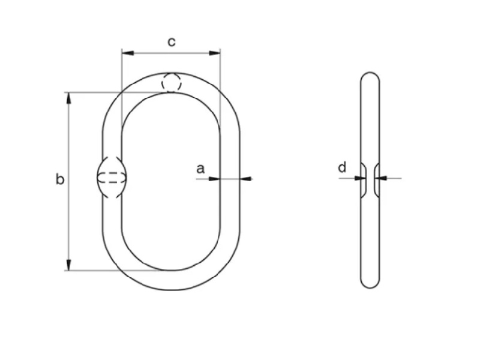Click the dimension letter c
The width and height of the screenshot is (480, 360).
coord(172,42)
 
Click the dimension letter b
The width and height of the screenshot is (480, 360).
coord(60,179)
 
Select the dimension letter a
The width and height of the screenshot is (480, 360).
coord(200,169)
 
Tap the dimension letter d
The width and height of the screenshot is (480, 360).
coord(342,167)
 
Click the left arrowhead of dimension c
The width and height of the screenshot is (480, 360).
coord(128,53)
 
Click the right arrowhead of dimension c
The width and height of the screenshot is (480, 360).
coord(214,53)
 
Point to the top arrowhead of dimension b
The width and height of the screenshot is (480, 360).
coord(68,98)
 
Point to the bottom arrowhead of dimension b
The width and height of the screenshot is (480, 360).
coord(68,265)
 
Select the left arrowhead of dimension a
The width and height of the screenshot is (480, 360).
coord(214,178)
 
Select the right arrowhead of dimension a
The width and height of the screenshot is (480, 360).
coord(246,178)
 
